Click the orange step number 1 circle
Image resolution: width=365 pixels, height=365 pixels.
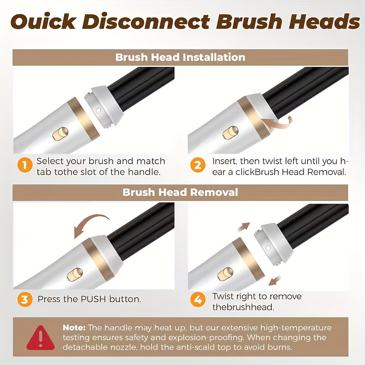(25, 165)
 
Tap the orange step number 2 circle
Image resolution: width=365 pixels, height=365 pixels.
(198, 165)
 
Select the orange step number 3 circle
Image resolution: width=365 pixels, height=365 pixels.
(25, 299)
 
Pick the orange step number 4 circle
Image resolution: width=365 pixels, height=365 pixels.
(198, 299)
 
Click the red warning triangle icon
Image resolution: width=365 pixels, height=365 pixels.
(41, 338)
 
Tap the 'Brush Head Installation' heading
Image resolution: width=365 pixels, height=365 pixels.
(180, 57)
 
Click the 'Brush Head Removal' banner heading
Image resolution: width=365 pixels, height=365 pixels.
(180, 192)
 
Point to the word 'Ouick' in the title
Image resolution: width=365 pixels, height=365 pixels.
(43, 21)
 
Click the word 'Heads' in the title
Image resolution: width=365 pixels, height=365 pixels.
(324, 21)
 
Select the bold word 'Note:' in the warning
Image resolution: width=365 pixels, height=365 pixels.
(74, 328)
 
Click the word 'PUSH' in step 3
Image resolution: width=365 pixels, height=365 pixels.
(93, 299)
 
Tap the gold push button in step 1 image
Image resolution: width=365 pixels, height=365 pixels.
(61, 134)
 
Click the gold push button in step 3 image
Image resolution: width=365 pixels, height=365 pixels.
(75, 274)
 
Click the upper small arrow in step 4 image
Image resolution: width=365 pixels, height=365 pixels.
(244, 227)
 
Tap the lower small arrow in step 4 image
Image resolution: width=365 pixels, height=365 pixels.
(275, 281)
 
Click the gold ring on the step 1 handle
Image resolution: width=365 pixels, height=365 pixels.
(83, 119)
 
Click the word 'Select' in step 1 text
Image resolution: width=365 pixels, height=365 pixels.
(50, 161)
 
